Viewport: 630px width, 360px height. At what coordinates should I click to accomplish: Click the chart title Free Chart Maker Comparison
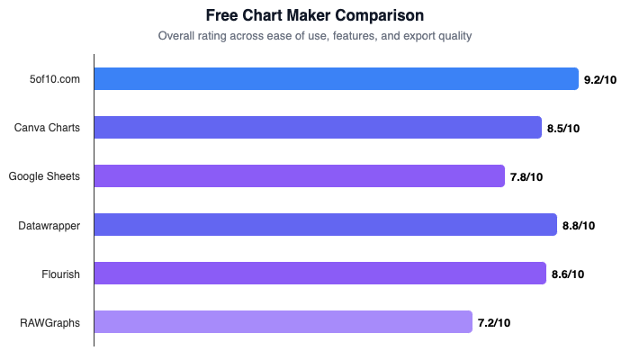point(315,15)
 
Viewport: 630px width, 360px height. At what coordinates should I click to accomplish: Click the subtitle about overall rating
point(315,36)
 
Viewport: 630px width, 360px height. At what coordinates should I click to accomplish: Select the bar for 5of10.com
point(336,79)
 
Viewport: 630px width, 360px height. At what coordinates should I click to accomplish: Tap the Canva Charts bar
point(318,128)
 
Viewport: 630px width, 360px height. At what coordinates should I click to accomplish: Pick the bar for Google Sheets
point(299,176)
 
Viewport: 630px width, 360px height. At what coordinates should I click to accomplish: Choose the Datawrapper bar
point(325,225)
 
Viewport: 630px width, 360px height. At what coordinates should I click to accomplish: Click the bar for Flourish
point(319,274)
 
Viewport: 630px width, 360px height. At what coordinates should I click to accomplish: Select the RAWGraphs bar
point(283,322)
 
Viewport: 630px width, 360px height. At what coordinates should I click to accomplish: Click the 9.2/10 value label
point(601,80)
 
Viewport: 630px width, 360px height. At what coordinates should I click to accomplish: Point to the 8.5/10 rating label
point(563,129)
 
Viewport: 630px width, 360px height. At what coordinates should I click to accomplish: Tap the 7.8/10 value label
point(526,177)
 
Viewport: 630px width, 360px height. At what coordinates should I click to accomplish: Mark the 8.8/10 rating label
point(579,226)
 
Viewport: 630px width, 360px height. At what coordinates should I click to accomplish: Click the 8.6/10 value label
point(568,274)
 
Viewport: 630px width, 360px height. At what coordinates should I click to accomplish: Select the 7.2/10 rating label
point(494,323)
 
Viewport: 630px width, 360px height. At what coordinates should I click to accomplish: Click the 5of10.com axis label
point(55,79)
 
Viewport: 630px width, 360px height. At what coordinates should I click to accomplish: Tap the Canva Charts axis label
point(47,128)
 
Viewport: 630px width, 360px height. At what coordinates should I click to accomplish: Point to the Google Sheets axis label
point(44,176)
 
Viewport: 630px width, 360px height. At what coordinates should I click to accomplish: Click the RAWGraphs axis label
point(50,322)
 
